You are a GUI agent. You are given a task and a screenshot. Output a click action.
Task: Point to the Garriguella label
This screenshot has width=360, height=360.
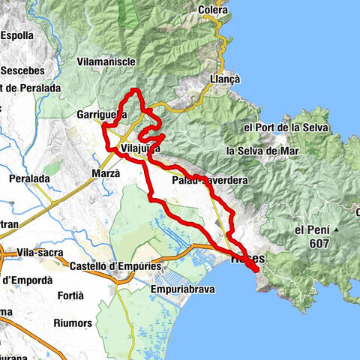point(100,115)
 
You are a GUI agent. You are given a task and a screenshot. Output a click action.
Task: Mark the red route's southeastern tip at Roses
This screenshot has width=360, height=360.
point(259,268)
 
